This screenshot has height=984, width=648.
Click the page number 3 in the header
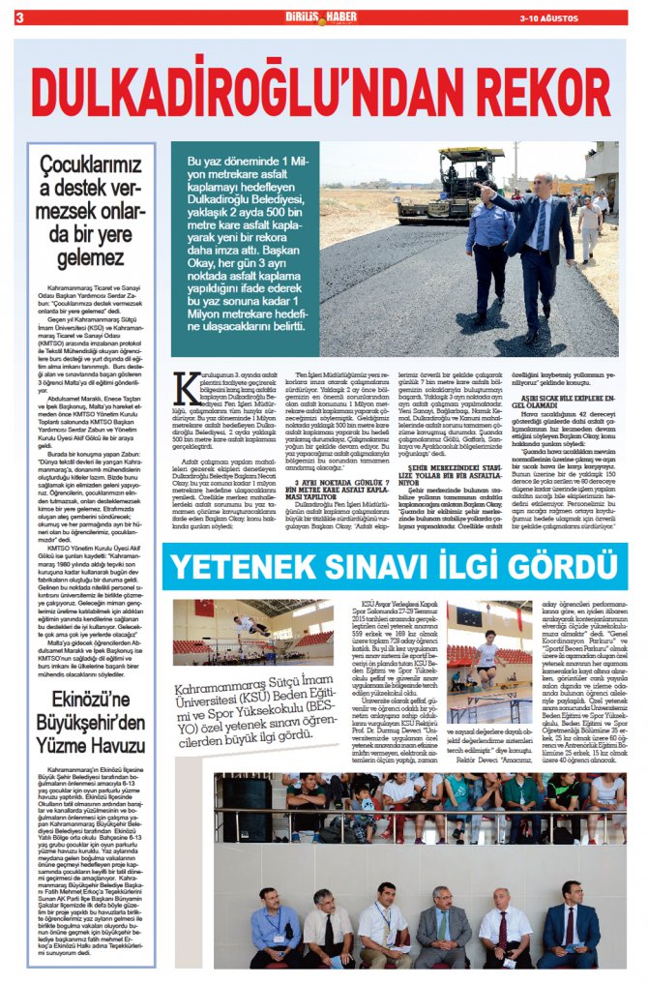pyautogui.click(x=18, y=16)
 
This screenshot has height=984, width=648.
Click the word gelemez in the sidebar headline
pyautogui.click(x=90, y=257)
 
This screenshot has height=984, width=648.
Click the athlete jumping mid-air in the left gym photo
pyautogui.click(x=224, y=625)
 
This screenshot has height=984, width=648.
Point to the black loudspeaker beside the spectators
pyautogui.click(x=246, y=823)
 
